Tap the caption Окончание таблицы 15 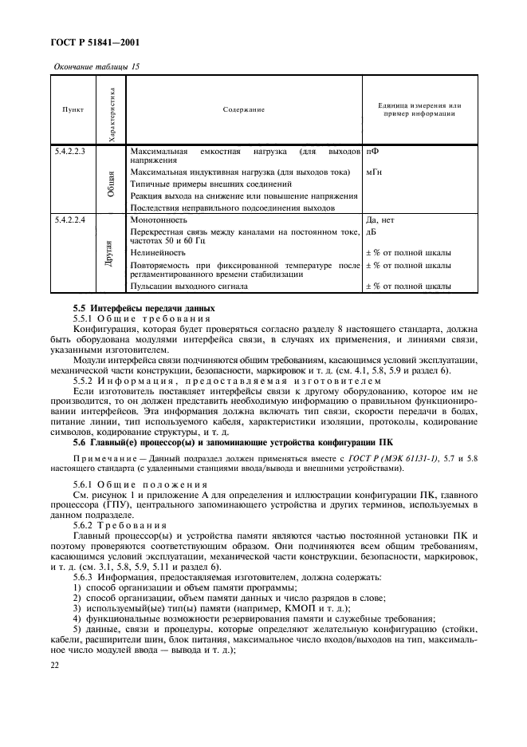pyautogui.click(x=96, y=66)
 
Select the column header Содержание pyautogui.click(x=243, y=109)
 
